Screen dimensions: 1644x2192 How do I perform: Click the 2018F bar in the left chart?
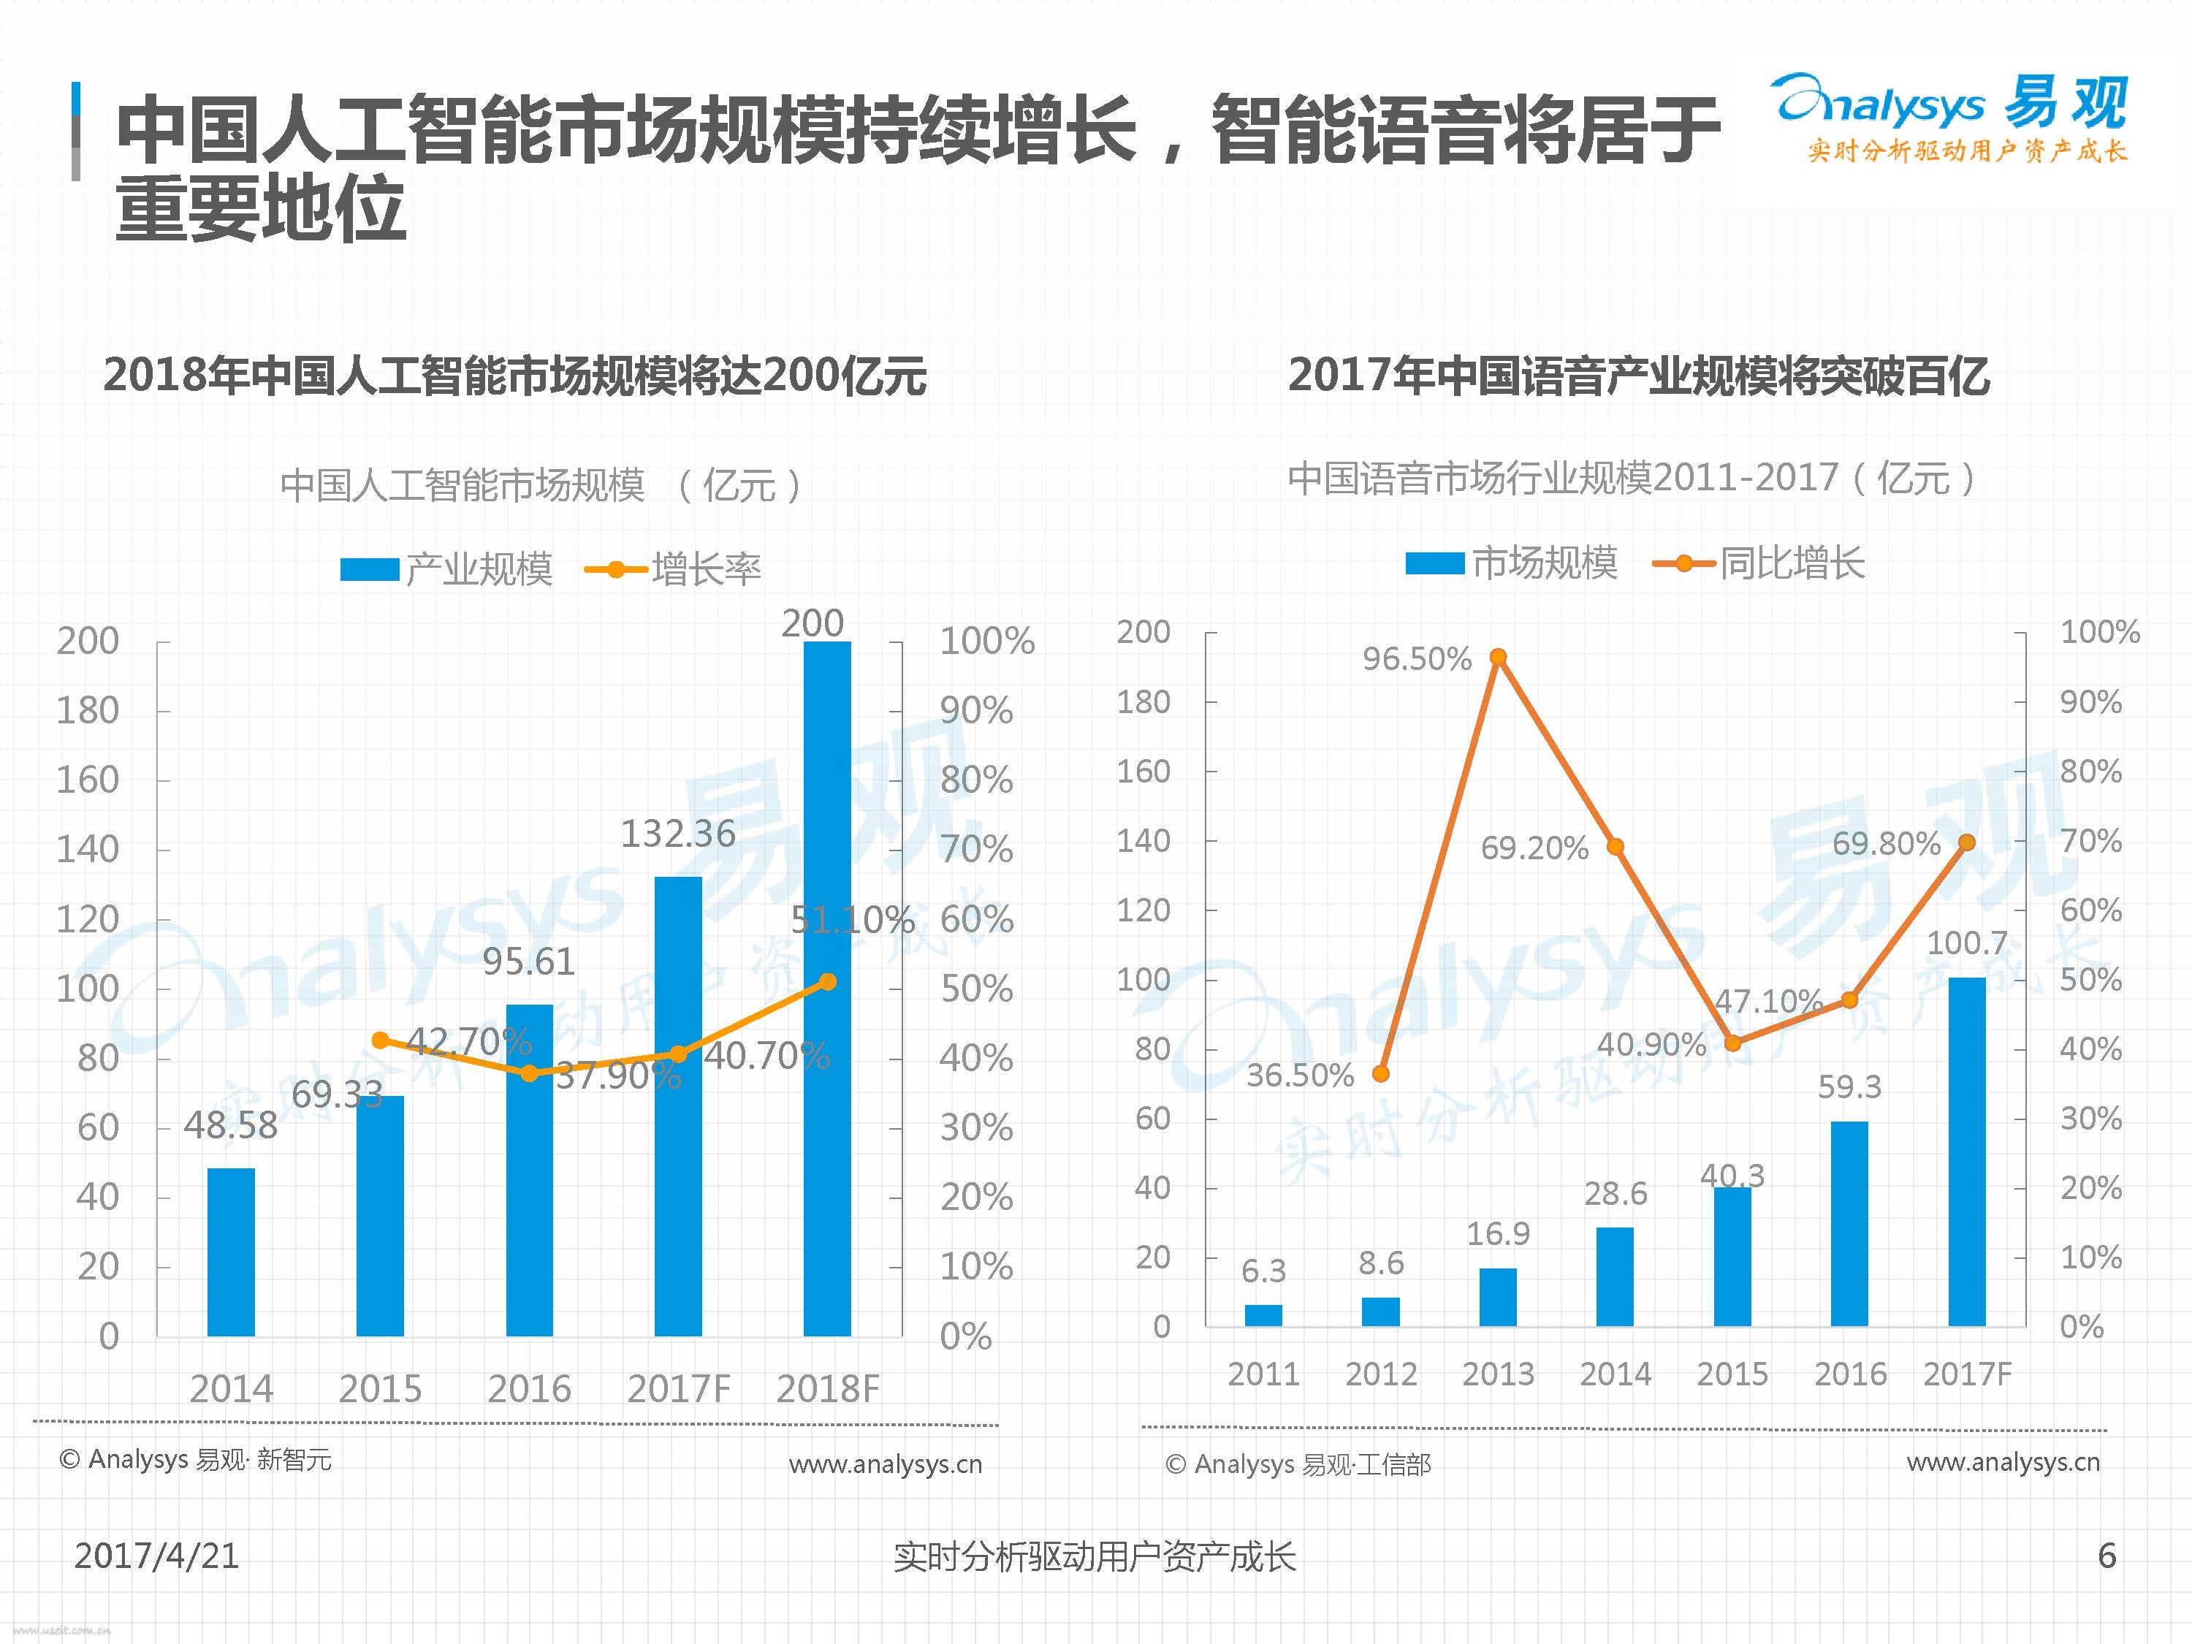[826, 991]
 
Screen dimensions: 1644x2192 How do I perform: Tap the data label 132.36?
[678, 834]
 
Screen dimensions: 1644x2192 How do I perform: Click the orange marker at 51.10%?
[827, 982]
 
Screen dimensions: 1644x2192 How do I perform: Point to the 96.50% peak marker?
[1499, 657]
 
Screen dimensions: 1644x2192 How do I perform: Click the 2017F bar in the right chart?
[1966, 1152]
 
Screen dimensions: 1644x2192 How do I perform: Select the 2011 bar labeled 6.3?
[1263, 1315]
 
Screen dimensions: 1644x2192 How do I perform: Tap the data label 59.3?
[1849, 1087]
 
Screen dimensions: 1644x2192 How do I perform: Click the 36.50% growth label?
[1300, 1076]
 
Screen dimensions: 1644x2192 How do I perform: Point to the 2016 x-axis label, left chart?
[529, 1389]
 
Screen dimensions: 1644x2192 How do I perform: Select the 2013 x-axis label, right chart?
[1499, 1374]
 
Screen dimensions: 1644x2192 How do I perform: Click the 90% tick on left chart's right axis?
[976, 710]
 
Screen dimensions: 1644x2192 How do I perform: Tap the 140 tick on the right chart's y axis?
[1143, 841]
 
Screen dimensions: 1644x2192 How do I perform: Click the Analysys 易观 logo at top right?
[1949, 117]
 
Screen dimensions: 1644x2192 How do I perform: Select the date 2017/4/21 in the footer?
[156, 1556]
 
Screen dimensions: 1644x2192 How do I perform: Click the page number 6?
[2107, 1556]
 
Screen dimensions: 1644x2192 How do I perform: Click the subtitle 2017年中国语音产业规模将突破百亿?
[1638, 376]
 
